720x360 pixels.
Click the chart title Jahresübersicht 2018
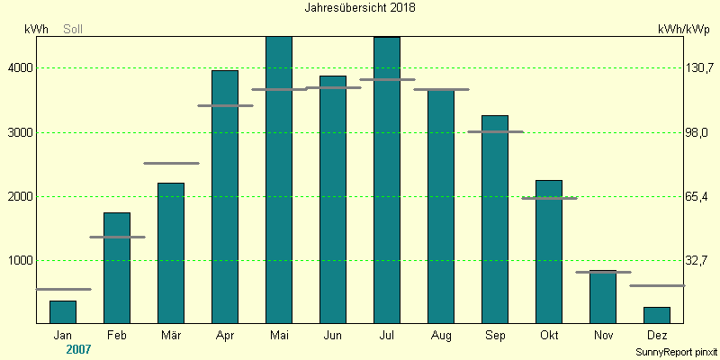tap(360, 7)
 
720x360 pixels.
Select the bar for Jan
tap(63, 312)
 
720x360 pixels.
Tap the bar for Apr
tap(225, 196)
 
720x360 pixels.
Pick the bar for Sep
tap(495, 219)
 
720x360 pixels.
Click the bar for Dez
tap(657, 315)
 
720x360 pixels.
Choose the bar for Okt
tap(549, 251)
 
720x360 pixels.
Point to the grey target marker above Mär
tap(171, 163)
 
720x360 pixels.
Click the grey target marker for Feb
tap(117, 237)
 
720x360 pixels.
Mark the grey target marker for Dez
tap(657, 285)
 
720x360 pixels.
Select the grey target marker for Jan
tap(63, 289)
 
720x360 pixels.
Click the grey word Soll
tap(72, 30)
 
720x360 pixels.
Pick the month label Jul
tap(387, 336)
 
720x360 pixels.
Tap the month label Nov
tap(603, 336)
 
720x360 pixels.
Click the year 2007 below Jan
tap(79, 348)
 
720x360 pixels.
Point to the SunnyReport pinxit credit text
tap(676, 351)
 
